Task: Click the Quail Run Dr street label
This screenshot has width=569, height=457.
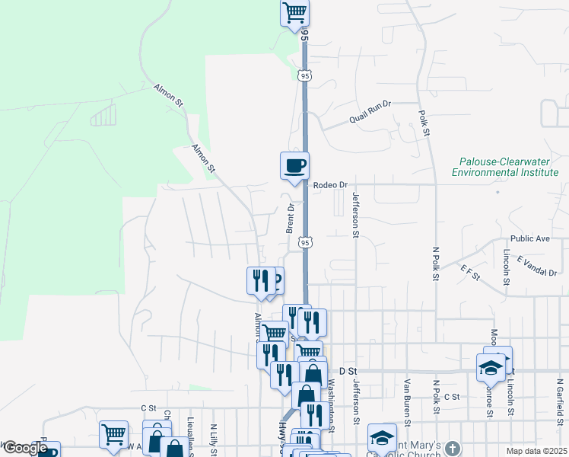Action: click(370, 111)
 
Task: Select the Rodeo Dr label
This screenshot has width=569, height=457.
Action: click(329, 184)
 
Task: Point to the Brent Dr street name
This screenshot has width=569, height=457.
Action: click(291, 218)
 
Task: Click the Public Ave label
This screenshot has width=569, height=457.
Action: click(530, 238)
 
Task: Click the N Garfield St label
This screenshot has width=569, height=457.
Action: click(560, 404)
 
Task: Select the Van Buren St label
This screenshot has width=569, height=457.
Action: click(408, 401)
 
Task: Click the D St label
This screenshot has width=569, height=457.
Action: click(348, 370)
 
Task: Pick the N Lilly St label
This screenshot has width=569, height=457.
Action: click(215, 439)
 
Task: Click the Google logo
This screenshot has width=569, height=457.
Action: click(25, 448)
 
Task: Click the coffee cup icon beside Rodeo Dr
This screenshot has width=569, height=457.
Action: click(295, 165)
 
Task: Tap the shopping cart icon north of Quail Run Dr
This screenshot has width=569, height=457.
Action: click(294, 12)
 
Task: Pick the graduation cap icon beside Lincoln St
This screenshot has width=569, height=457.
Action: click(491, 368)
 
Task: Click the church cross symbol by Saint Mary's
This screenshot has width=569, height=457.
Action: click(453, 447)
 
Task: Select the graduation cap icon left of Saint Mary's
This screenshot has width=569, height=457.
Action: click(382, 439)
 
